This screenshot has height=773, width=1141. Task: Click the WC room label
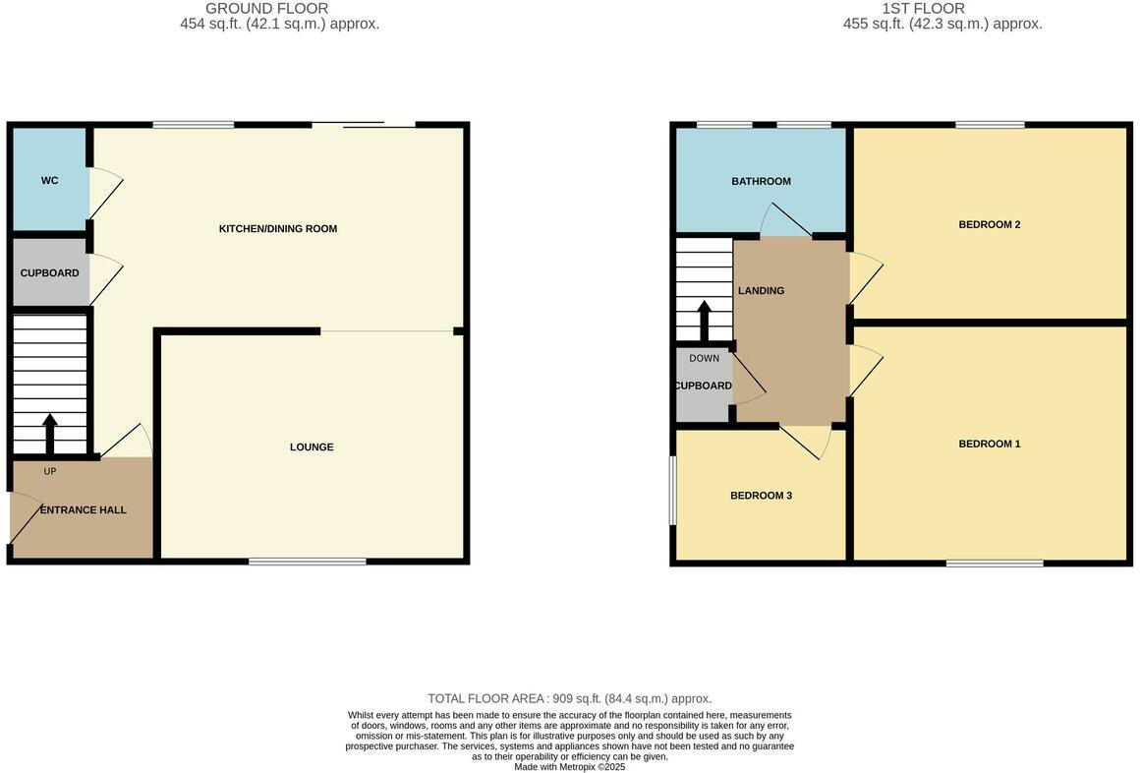click(49, 181)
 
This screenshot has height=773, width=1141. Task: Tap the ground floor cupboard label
click(49, 272)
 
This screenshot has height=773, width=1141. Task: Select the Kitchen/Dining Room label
click(278, 229)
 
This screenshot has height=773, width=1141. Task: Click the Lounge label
click(312, 447)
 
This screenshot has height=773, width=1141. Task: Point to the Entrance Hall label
click(84, 510)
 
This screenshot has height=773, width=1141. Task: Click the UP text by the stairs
click(50, 472)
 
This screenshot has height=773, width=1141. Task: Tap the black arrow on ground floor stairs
click(50, 433)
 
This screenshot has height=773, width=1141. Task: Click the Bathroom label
click(761, 182)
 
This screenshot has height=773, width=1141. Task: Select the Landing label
click(762, 291)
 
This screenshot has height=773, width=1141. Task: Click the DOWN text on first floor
click(704, 358)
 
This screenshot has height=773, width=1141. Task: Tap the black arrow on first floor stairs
click(704, 318)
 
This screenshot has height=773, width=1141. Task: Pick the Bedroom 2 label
click(990, 225)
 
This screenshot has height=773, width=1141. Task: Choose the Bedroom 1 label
click(990, 445)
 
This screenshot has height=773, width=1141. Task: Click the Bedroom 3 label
click(761, 497)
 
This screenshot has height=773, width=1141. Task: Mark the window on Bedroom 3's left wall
click(673, 490)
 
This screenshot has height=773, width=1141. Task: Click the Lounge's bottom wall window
click(308, 562)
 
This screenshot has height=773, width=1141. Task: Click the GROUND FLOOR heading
click(266, 9)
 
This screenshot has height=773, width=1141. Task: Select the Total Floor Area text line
click(570, 699)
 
